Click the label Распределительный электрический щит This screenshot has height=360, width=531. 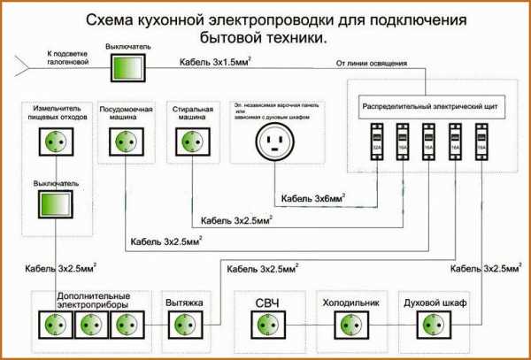[427, 106]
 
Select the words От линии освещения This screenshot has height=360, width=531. [372, 62]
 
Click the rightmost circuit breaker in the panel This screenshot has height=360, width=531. [482, 140]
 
